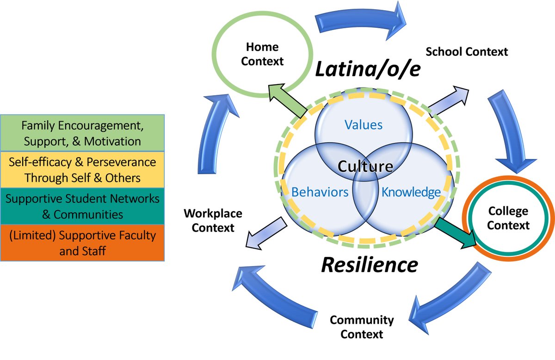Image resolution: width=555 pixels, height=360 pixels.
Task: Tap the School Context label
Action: [x=467, y=51]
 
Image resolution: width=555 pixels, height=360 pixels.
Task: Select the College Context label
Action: [x=508, y=219]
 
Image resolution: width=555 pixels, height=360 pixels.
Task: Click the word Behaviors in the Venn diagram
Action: [x=320, y=192]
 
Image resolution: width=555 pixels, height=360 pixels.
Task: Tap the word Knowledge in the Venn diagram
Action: [x=411, y=192]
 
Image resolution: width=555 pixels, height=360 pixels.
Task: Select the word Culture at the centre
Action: [x=365, y=166]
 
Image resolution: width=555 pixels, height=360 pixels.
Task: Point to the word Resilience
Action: [x=370, y=264]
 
